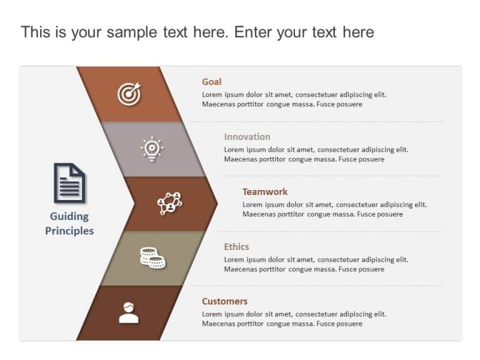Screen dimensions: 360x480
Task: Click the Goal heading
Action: (211, 82)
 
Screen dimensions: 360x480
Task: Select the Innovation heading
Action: (247, 137)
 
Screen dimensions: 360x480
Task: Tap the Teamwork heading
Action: (265, 192)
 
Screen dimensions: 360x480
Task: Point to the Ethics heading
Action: (236, 247)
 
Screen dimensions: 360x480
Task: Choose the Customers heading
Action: (224, 301)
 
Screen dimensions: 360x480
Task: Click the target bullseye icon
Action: (129, 94)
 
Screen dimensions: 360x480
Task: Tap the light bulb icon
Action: (152, 148)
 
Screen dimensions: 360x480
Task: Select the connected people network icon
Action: (169, 203)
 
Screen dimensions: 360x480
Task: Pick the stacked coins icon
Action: (152, 257)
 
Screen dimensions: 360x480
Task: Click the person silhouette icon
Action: (129, 312)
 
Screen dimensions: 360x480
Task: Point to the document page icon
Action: (69, 182)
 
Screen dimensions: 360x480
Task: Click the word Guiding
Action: (69, 216)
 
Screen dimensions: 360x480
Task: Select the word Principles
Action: (69, 231)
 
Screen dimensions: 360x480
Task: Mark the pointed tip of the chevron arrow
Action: (217, 203)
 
